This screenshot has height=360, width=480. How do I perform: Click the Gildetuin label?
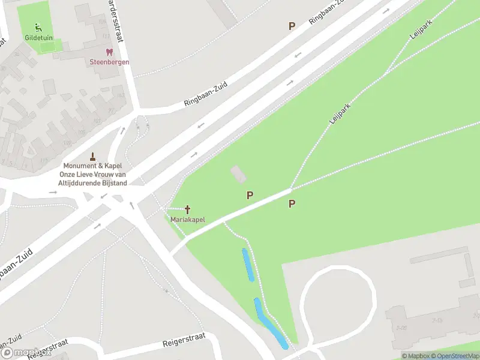[x=38, y=38]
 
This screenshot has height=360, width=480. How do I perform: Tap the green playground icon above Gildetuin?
[x=38, y=27]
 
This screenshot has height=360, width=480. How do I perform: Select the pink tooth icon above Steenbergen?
[x=109, y=53]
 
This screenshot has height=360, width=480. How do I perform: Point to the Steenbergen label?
[x=109, y=62]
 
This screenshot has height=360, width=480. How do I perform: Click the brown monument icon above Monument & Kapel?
[x=92, y=156]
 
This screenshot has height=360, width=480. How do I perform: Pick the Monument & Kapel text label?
[x=93, y=166]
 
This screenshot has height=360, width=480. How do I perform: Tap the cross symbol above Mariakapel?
[x=188, y=209]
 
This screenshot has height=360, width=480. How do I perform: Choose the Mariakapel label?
[x=188, y=220]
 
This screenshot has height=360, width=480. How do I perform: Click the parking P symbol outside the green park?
[x=292, y=26]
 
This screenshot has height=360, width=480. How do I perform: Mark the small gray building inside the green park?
[x=238, y=175]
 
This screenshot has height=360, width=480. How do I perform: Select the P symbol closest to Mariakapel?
[x=250, y=195]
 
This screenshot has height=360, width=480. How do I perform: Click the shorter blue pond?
[x=248, y=265]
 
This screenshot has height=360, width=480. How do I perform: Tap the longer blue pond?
[x=271, y=324]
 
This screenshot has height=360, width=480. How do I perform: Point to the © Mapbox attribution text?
[x=418, y=356]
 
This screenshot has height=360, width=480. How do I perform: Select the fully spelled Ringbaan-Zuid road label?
[x=206, y=94]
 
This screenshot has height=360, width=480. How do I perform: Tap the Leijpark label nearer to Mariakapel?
[x=340, y=113]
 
